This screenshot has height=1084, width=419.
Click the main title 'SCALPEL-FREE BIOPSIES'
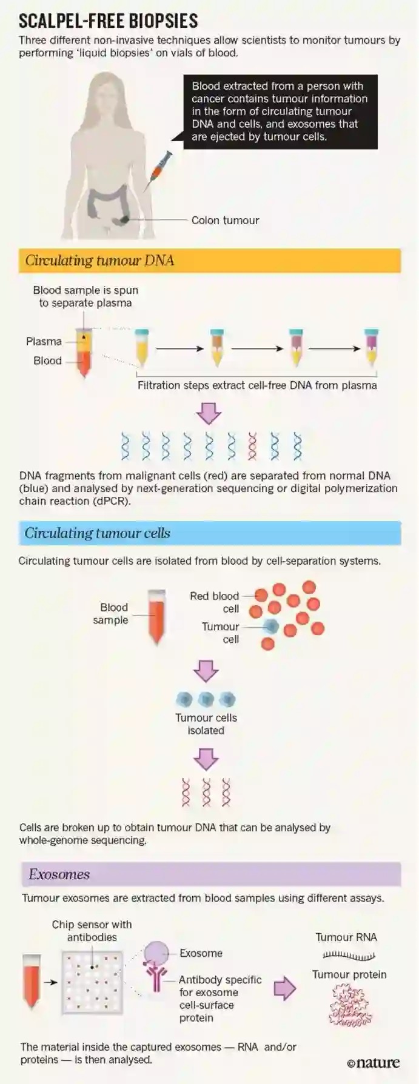(108, 21)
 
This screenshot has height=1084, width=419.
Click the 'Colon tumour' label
(225, 220)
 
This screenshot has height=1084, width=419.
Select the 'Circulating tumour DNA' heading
(100, 261)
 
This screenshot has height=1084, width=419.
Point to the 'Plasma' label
(44, 341)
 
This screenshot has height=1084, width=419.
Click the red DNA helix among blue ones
(253, 446)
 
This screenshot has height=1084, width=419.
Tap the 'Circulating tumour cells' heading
(98, 533)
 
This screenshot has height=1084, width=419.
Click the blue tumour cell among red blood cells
(271, 627)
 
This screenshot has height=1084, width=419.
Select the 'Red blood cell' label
(215, 602)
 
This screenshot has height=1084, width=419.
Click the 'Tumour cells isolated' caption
(206, 724)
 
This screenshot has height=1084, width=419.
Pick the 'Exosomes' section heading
(59, 874)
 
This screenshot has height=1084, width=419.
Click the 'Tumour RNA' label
(346, 937)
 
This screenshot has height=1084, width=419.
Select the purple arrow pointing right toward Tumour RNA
(285, 988)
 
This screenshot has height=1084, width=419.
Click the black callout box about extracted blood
(280, 111)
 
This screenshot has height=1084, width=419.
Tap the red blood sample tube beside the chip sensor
(31, 980)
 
